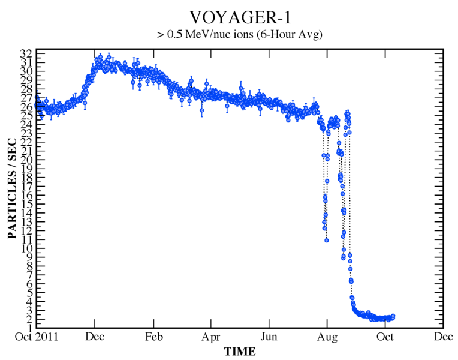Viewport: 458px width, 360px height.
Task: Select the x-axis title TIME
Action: pos(240,352)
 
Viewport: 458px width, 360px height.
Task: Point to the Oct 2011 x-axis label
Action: pos(37,338)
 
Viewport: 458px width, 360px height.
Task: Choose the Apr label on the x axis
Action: pos(211,338)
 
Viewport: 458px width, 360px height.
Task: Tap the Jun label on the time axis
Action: pos(269,338)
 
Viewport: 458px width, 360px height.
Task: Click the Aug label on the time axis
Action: pos(327,338)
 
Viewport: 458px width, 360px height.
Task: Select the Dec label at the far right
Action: pos(443,338)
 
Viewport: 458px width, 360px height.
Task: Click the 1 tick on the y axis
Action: pos(29,328)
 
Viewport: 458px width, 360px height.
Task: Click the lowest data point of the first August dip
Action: pos(327,240)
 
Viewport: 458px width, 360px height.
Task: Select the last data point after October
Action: pos(393,316)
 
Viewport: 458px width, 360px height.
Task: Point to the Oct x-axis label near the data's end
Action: pos(385,338)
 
